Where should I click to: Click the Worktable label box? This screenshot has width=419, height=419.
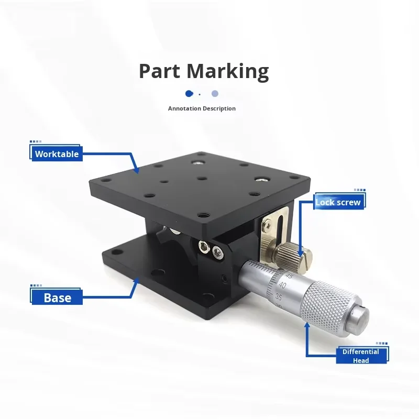[x=57, y=153]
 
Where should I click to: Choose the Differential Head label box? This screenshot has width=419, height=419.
[x=361, y=356]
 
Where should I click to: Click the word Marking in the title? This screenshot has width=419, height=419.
[x=228, y=71]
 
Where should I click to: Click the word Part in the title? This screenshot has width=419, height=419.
[x=160, y=71]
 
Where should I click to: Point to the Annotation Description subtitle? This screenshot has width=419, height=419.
[x=202, y=108]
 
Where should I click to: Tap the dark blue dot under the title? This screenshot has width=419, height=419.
[x=189, y=94]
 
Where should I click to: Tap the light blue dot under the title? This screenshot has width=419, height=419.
[x=215, y=94]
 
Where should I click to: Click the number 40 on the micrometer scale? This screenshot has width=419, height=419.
[x=282, y=285]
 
